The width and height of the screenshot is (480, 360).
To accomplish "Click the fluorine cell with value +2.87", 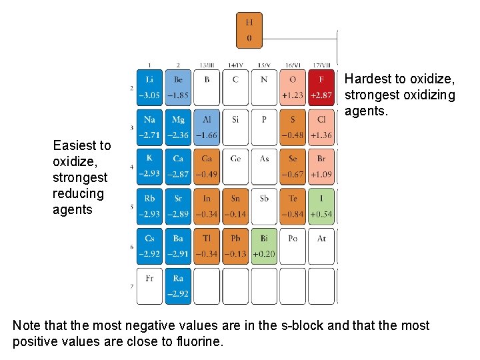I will (x=321, y=87).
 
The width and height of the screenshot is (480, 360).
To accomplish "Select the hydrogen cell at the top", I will (x=249, y=30).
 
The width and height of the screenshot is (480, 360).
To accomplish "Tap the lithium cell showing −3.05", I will (x=149, y=87).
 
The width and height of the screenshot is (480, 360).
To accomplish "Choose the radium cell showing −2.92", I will (x=178, y=286).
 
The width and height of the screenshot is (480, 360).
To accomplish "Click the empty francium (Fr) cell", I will (x=149, y=286).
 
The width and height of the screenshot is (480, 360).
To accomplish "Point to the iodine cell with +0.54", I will (x=321, y=207).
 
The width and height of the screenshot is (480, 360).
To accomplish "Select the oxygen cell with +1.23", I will (x=293, y=87).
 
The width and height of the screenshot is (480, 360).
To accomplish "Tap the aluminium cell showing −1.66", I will (x=207, y=127).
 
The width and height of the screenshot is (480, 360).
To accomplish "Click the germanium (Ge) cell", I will (x=235, y=167).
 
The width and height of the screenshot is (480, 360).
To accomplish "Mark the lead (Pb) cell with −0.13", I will (x=235, y=246).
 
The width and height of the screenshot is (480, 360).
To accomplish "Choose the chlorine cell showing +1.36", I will (x=321, y=127).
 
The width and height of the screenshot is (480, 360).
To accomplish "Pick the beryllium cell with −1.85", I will (x=178, y=87).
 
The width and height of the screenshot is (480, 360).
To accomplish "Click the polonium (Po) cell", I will (x=293, y=246).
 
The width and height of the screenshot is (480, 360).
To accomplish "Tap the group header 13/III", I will (x=207, y=65).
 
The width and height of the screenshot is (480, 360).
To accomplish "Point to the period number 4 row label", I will (x=132, y=167).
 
